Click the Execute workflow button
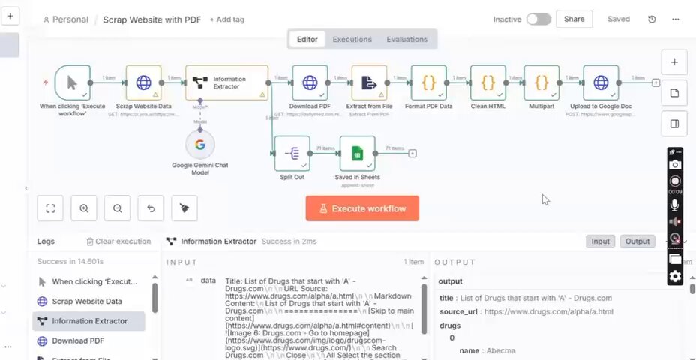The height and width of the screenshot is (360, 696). tap(362, 208)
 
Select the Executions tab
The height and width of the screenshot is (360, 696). tap(352, 40)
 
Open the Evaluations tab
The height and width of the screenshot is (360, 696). tap(406, 40)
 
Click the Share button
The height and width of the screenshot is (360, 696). tap(574, 19)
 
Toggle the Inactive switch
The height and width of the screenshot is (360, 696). tap(538, 19)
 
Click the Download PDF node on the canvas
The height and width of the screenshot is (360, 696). tap(310, 82)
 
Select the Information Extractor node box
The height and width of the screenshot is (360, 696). tap(226, 82)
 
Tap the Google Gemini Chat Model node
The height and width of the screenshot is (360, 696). tap(200, 145)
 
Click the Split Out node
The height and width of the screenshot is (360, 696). tap(292, 154)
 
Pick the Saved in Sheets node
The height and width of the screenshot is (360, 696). tap(357, 154)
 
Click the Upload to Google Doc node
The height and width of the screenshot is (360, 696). tap(601, 82)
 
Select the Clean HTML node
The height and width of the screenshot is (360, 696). tap(487, 82)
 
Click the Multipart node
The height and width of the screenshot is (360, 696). tap(541, 82)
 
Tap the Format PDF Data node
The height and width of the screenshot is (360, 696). tap(429, 82)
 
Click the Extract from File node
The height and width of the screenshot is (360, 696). tap(369, 82)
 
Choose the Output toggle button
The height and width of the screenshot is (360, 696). tap(637, 241)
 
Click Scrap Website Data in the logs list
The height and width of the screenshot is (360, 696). tap(86, 301)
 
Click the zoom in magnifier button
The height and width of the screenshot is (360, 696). tap(84, 208)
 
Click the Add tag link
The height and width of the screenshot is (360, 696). tap(227, 19)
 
